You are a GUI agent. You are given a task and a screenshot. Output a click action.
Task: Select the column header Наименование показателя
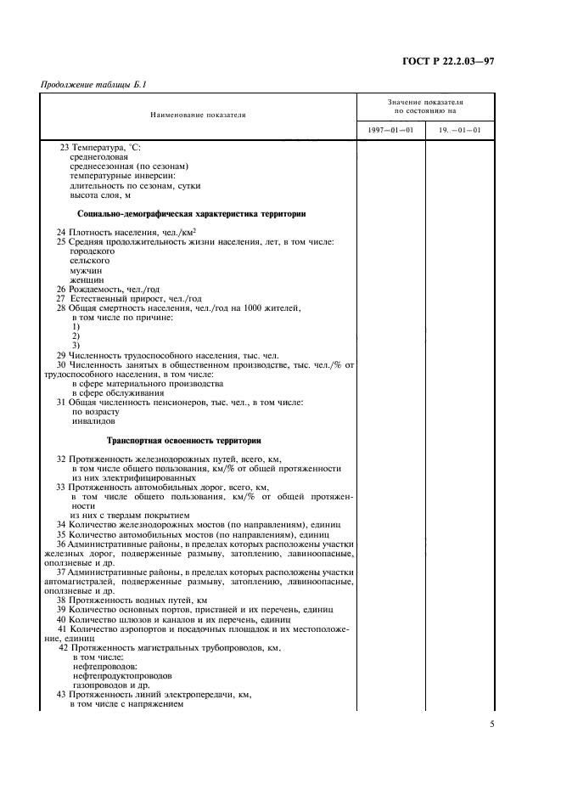click(199, 115)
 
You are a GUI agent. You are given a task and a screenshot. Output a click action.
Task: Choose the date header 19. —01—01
click(459, 130)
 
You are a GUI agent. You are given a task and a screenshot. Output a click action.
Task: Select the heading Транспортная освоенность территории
click(183, 441)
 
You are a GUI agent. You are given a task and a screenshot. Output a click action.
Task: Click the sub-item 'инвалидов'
click(93, 421)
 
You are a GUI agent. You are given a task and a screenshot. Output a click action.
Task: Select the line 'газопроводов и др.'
click(112, 685)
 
